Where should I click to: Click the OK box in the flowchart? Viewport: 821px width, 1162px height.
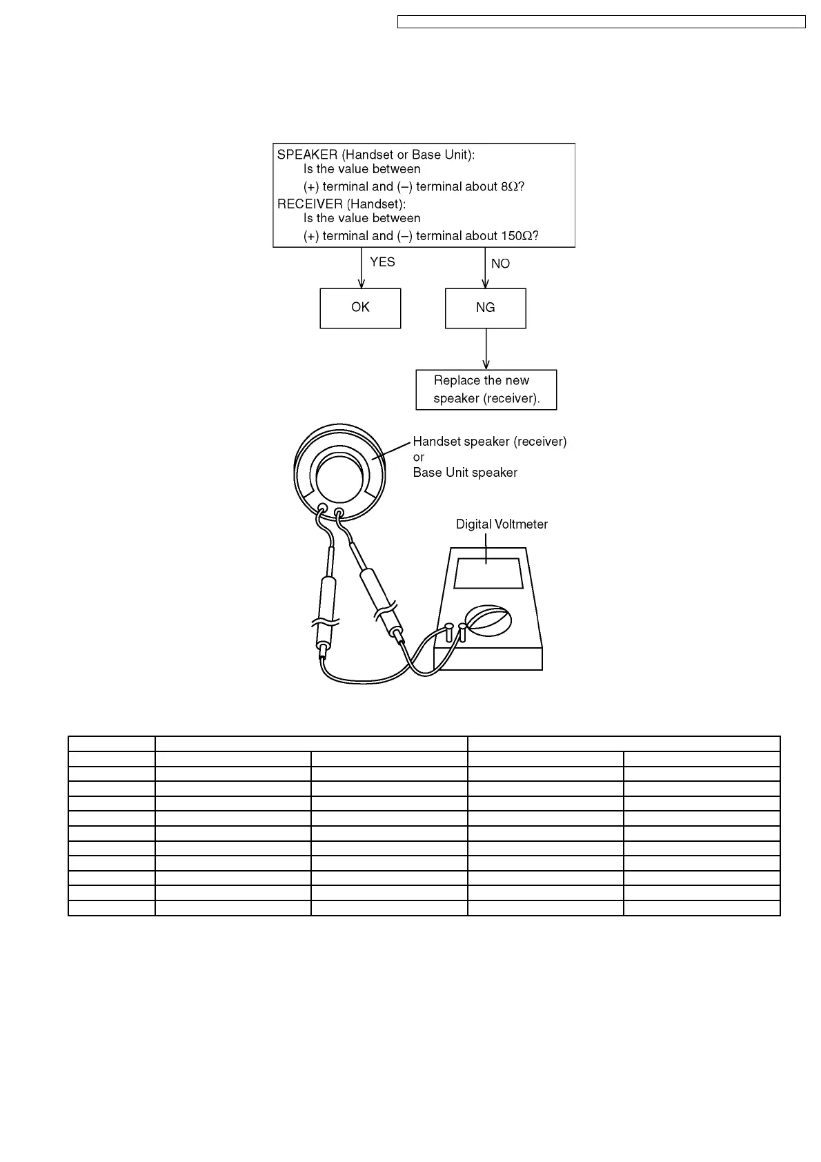[360, 308]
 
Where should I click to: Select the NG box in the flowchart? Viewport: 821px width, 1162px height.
[486, 308]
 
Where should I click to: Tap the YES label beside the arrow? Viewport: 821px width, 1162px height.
[382, 262]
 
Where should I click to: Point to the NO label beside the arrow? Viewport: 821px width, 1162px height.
[500, 264]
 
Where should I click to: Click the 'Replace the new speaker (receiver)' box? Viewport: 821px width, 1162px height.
[486, 390]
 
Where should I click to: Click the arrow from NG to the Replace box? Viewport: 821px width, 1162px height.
[486, 348]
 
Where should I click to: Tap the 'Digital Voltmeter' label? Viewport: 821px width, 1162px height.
[502, 524]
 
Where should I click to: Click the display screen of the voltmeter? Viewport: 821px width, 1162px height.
[488, 573]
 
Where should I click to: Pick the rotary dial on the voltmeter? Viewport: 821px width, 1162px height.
[487, 620]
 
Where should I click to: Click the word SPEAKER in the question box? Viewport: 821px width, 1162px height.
[307, 155]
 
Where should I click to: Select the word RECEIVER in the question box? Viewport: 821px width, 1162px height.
[310, 204]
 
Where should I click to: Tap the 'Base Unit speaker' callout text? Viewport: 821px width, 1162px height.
[465, 473]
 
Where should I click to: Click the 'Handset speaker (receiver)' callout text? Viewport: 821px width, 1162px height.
[489, 442]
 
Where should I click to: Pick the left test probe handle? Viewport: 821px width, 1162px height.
[326, 600]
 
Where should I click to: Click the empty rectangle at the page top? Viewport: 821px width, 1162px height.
[601, 22]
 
